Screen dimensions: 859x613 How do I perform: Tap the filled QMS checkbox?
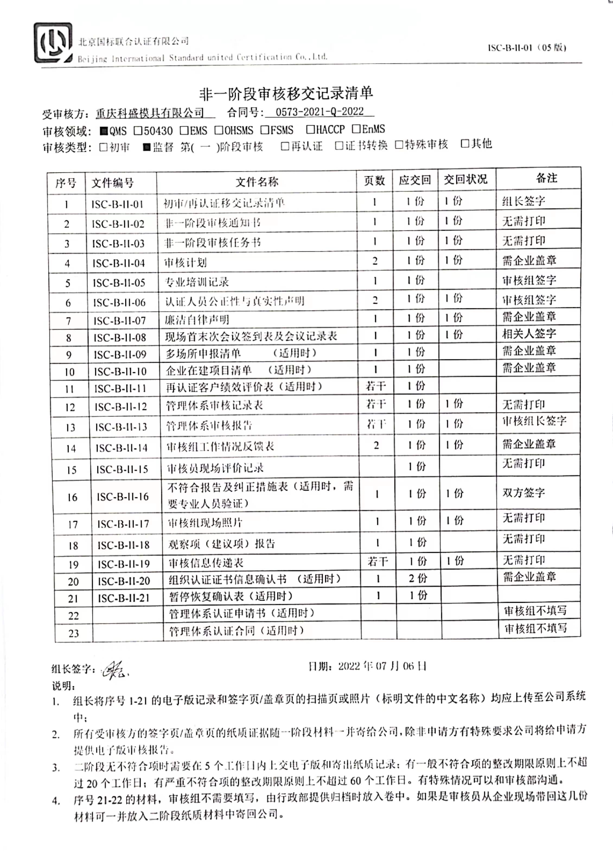[104, 131]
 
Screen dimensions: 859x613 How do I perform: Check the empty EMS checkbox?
[184, 130]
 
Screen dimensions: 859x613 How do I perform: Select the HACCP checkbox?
[310, 129]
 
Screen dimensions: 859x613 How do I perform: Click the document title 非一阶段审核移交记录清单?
[286, 94]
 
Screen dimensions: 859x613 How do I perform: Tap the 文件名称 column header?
[257, 182]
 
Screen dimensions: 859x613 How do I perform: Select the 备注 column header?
[546, 178]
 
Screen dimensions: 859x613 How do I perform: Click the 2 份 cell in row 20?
[418, 578]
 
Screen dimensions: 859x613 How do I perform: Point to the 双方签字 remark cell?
[523, 492]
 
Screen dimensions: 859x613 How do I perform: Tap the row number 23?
[74, 633]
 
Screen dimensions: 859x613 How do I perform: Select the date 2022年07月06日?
[382, 666]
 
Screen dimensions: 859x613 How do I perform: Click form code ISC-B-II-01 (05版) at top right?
[526, 48]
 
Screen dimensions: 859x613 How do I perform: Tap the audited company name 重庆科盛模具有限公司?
[150, 113]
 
